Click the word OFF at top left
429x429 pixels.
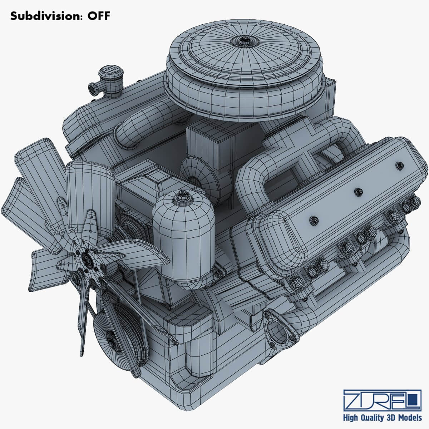click(x=97, y=16)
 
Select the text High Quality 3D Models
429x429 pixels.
click(x=382, y=418)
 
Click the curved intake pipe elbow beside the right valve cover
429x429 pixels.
click(x=250, y=179)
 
